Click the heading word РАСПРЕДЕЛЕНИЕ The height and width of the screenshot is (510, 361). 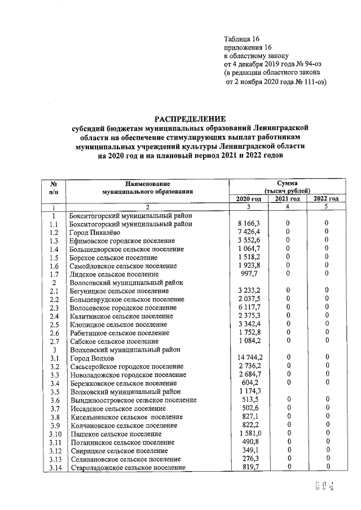coord(190,119)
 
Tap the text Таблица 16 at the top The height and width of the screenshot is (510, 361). coord(241,39)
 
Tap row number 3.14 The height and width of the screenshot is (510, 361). coord(55,467)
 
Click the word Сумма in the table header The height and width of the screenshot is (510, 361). coord(287,183)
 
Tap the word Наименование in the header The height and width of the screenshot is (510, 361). coord(148,184)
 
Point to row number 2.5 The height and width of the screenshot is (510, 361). coord(54,325)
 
